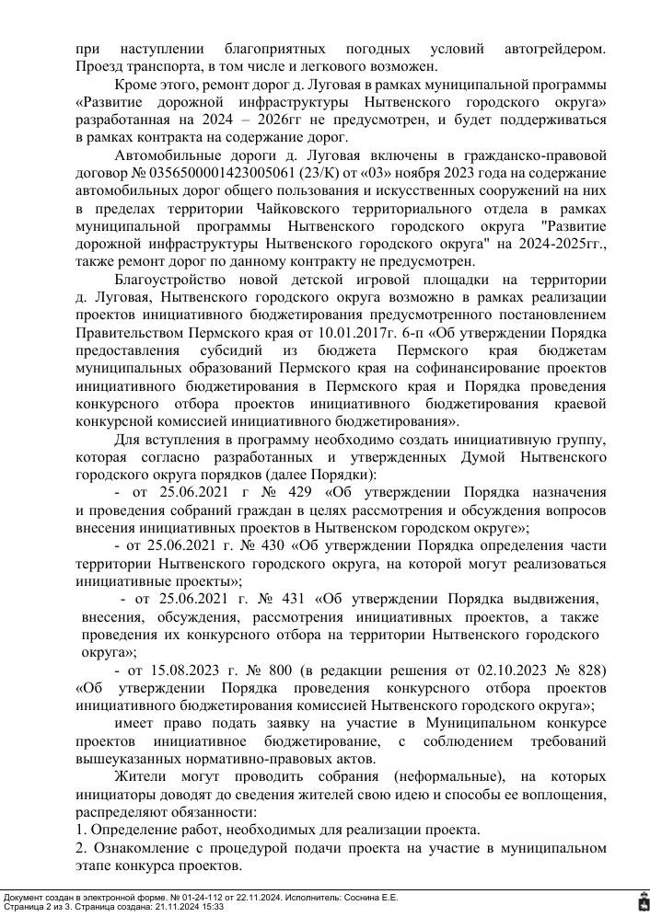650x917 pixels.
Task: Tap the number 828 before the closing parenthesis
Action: pyautogui.click(x=590, y=670)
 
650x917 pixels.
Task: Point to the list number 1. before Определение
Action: pyautogui.click(x=81, y=830)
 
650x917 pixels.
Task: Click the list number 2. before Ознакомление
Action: pyautogui.click(x=81, y=847)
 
